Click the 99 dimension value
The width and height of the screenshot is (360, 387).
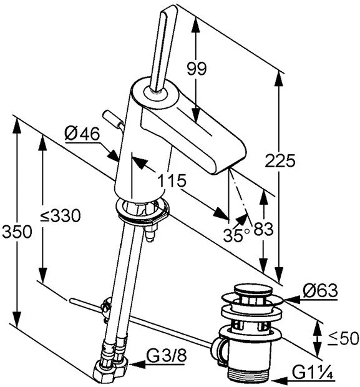pyautogui.click(x=196, y=69)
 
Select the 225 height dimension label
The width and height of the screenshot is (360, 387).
pyautogui.click(x=280, y=160)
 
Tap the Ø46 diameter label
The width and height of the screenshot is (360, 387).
pyautogui.click(x=82, y=134)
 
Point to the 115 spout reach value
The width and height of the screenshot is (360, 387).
pyautogui.click(x=172, y=180)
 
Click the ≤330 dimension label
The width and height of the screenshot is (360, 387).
pyautogui.click(x=61, y=215)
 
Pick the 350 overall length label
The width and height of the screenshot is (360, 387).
pyautogui.click(x=17, y=232)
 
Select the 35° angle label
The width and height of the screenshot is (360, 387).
pyautogui.click(x=236, y=235)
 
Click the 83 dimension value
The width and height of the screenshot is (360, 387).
pyautogui.click(x=263, y=229)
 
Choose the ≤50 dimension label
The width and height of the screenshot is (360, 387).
pyautogui.click(x=343, y=338)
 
